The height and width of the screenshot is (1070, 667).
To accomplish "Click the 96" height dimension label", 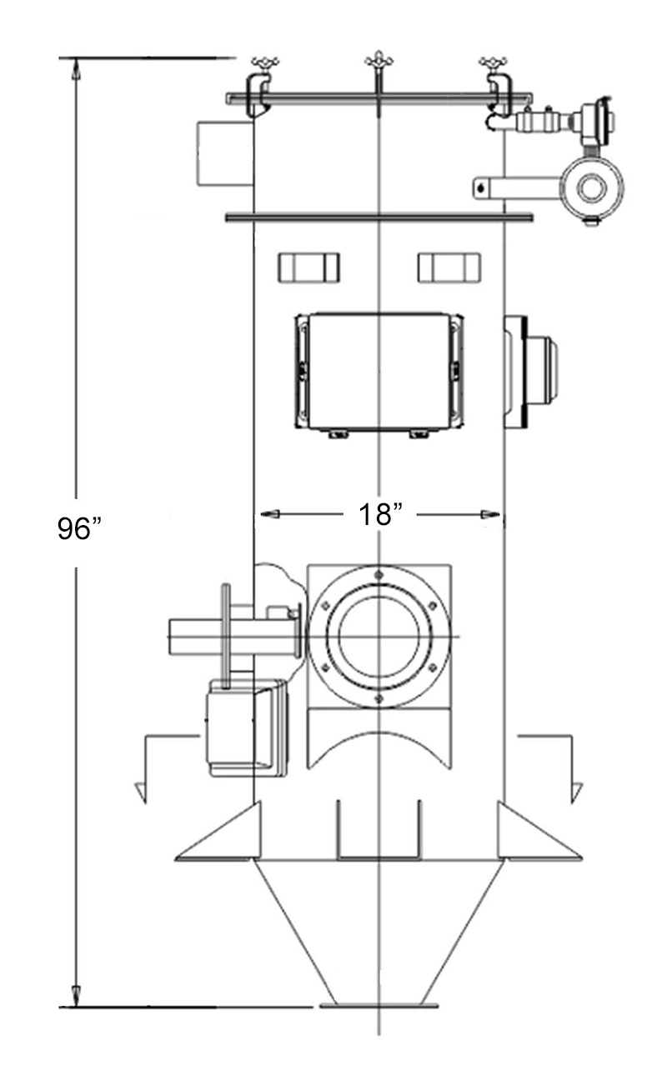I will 79,528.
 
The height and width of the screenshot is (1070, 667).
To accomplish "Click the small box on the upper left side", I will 224,152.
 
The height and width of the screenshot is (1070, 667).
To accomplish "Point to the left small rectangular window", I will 308,267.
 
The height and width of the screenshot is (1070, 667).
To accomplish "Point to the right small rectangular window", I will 449,267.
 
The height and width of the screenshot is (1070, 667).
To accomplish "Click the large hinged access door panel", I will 379,372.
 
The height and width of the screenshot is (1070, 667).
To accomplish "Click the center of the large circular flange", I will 379,637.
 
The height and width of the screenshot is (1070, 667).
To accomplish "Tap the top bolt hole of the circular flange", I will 379,575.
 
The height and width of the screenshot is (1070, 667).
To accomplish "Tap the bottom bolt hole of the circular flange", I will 379,698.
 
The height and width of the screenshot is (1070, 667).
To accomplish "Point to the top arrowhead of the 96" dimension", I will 76,70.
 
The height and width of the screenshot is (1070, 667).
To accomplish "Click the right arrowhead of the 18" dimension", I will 492,515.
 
